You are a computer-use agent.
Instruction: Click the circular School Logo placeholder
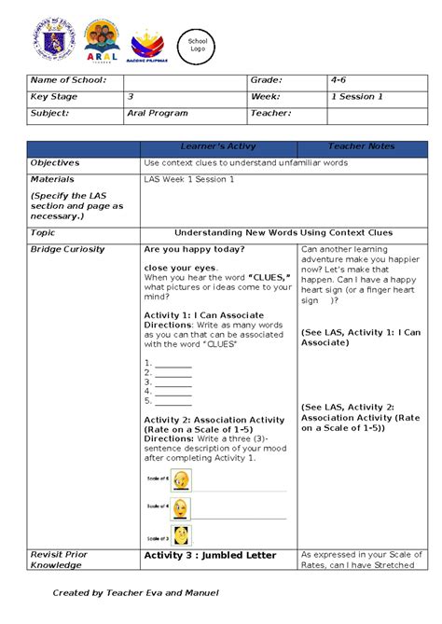[x=198, y=46]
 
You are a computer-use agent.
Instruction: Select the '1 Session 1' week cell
[x=357, y=97]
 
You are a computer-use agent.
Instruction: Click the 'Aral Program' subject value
[x=158, y=113]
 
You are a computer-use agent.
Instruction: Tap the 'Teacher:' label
[x=270, y=113]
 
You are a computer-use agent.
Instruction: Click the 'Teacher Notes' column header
[x=361, y=146]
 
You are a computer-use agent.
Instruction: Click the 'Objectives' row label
[x=55, y=162]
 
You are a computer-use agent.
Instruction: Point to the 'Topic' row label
[x=43, y=232]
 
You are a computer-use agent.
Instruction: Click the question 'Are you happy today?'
[x=195, y=249]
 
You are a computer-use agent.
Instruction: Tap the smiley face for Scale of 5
[x=181, y=479]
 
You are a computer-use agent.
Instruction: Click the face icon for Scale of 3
[x=181, y=536]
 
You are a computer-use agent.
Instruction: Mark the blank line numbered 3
[x=173, y=381]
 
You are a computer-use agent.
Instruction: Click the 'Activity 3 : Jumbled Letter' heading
[x=210, y=555]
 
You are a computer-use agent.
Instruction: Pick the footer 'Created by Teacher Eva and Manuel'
[x=136, y=592]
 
